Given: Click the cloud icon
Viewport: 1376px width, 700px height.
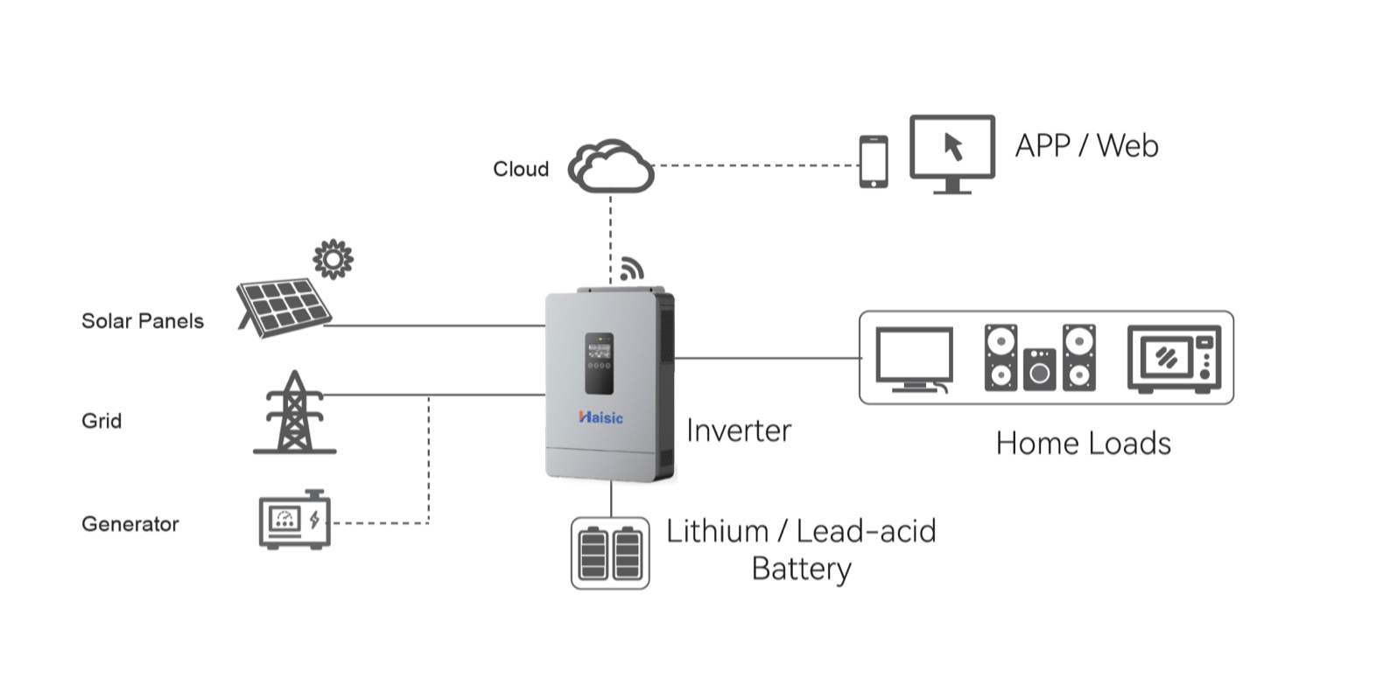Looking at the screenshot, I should pyautogui.click(x=611, y=166).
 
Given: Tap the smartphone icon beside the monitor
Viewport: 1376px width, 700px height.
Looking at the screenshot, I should pyautogui.click(x=873, y=162).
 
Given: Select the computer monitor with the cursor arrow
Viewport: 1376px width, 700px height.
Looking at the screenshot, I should pyautogui.click(x=952, y=153).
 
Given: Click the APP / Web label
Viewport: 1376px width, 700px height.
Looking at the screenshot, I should pyautogui.click(x=1086, y=145).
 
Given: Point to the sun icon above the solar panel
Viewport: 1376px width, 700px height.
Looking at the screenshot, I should pyautogui.click(x=333, y=259).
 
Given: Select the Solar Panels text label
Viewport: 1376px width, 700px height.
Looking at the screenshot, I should pyautogui.click(x=143, y=321).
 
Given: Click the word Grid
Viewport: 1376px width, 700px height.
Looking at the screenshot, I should pyautogui.click(x=102, y=421).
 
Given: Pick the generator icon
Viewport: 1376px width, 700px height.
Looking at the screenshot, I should pyautogui.click(x=295, y=521).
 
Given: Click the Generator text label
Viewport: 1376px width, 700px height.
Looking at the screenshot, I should pyautogui.click(x=130, y=524).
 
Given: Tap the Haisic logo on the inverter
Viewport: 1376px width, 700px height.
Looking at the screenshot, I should pyautogui.click(x=601, y=417).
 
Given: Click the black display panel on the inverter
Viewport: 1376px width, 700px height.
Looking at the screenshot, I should pyautogui.click(x=600, y=362).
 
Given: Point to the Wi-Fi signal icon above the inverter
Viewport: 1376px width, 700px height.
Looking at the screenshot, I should pyautogui.click(x=631, y=269).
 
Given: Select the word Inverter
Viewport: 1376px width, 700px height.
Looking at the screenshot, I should pyautogui.click(x=739, y=430).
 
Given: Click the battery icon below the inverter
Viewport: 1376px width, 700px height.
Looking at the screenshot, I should pyautogui.click(x=610, y=553).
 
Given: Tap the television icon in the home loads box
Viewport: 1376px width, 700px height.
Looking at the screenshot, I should pyautogui.click(x=914, y=359).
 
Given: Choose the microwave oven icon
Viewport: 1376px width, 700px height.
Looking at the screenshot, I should pyautogui.click(x=1174, y=358).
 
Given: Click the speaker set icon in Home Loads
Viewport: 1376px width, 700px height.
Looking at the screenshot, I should pyautogui.click(x=1040, y=357).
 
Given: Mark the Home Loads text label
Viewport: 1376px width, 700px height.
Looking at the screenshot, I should pyautogui.click(x=1083, y=444).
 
